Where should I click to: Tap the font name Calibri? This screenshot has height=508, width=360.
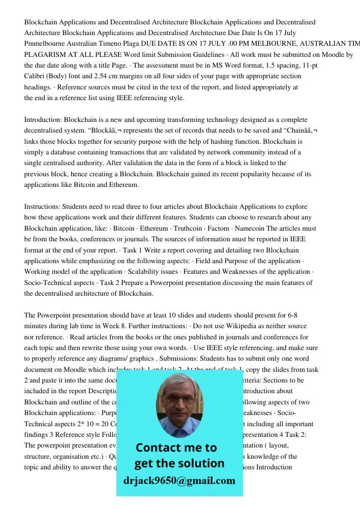click(36, 76)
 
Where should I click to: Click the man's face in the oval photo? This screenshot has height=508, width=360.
click(178, 402)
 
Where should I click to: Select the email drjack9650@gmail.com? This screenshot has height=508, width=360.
click(179, 481)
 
